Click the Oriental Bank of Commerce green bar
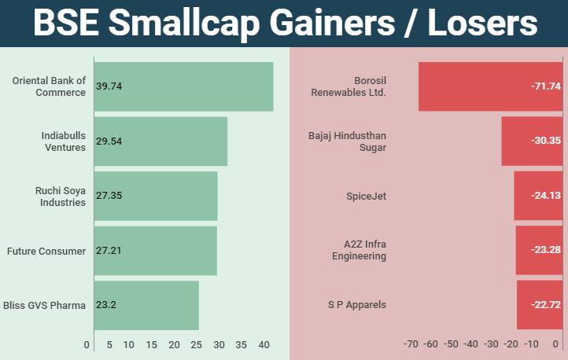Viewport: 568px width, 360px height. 184,86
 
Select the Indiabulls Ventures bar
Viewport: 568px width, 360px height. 161,141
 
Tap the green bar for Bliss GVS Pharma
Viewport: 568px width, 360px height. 147,305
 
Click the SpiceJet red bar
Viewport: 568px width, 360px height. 537,196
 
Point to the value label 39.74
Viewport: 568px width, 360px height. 109,86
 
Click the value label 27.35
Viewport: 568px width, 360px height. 109,196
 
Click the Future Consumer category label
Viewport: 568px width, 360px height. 46,251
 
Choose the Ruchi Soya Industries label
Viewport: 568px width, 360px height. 61,196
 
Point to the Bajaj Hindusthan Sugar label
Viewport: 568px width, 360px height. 348,141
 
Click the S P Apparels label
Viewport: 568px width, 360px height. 357,305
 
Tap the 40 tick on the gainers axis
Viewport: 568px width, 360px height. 264,344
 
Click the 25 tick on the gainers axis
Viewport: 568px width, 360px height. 197,344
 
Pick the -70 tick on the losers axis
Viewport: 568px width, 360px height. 411,344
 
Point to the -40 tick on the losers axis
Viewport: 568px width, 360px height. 470,344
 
